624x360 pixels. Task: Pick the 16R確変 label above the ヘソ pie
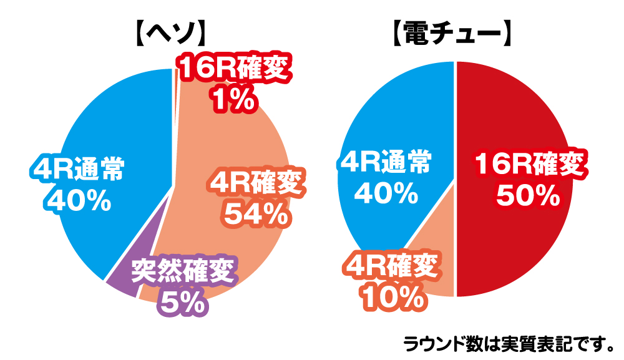pyautogui.click(x=235, y=69)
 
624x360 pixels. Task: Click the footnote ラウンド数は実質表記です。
pyautogui.click(x=509, y=343)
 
